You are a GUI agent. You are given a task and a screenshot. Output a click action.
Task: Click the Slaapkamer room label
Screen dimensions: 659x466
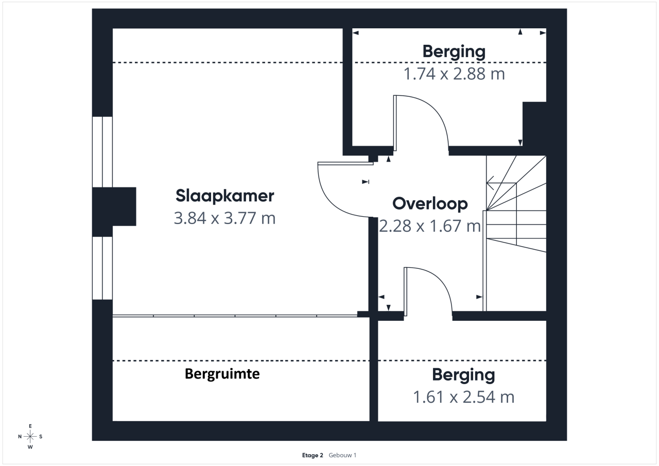pos(225,196)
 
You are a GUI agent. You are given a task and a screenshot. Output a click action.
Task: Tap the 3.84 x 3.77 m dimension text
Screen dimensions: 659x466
pos(225,218)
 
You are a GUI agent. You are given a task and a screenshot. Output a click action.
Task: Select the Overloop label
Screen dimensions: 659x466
pos(430,204)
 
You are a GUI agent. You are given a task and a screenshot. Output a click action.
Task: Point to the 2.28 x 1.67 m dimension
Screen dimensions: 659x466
pos(430,226)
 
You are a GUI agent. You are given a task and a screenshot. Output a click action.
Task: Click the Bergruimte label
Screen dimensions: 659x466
pos(222,374)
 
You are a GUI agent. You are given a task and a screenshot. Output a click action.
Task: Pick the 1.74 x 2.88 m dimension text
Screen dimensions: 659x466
pos(454,74)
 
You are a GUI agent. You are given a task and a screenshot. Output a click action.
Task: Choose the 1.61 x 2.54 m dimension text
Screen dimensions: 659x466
pos(464,397)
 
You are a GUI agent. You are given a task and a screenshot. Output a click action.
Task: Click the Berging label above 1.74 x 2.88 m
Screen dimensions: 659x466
pos(454,52)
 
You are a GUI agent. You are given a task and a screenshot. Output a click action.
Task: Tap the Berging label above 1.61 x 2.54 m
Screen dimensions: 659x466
pos(464,375)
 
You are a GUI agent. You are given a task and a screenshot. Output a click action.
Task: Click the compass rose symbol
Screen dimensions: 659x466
pos(30,436)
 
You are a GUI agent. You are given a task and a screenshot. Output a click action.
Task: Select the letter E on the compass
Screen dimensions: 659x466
pos(30,426)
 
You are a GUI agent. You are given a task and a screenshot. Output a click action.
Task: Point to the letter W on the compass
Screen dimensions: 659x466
pos(30,447)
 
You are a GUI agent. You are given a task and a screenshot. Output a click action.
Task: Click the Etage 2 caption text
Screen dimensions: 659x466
pos(313,455)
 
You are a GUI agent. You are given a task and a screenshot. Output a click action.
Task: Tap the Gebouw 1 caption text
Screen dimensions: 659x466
pos(342,455)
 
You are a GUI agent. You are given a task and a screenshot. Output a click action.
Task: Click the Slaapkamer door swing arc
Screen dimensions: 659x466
pos(333,203)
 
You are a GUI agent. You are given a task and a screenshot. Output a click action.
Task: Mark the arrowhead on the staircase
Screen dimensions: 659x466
pos(490,183)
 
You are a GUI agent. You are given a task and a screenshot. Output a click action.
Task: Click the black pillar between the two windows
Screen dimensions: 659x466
pos(114,206)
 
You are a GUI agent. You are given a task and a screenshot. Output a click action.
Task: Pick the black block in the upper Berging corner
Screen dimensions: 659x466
pos(534,124)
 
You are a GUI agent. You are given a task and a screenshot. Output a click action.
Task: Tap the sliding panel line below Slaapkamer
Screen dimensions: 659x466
pos(235,316)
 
